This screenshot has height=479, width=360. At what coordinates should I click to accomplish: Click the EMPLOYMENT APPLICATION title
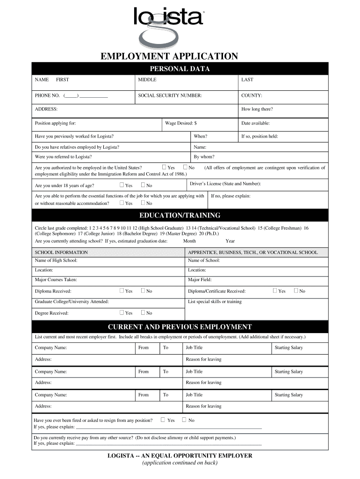pos(170,57)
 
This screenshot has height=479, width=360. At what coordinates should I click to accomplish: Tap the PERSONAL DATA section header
pos(180,69)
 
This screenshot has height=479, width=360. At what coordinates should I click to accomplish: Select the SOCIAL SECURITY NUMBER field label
pos(170,95)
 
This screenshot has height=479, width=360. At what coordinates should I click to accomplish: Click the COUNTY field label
pos(252,95)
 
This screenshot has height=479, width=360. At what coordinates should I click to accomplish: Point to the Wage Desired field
pos(180,123)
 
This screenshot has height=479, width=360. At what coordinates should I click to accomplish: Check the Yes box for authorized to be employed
pos(164,167)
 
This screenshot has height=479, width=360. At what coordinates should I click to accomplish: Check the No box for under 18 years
pos(143,185)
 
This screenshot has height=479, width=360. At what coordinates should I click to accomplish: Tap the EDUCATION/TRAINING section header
pos(180,216)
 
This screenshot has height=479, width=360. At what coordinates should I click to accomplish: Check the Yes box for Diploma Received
pos(122,291)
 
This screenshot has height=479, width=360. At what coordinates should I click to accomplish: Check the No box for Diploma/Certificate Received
pos(296,291)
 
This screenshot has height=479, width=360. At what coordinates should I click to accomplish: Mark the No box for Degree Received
pos(143,313)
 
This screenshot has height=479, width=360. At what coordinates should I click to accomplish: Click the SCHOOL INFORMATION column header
pos(61,252)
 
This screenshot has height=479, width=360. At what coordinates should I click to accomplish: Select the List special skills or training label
pos(215,302)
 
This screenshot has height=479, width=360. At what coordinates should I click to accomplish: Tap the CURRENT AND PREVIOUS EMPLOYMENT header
pos(180,327)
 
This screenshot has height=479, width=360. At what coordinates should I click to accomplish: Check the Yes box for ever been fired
pos(163,420)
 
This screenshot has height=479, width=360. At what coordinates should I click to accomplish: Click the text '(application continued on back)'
pos(180,463)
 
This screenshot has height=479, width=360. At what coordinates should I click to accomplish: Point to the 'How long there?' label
pos(257,109)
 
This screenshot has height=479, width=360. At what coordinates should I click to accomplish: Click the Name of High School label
pos(56,261)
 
